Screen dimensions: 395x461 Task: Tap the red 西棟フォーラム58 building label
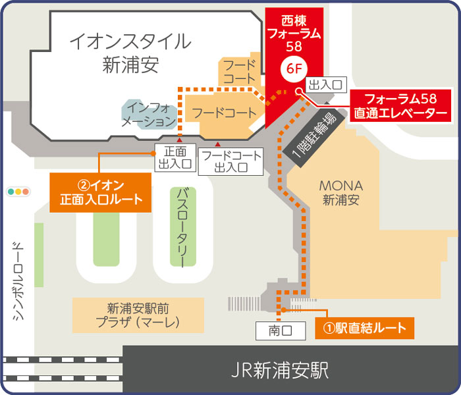pos(293,32)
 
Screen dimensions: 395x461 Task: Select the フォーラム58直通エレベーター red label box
pos(400,106)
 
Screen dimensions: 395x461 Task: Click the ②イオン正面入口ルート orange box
pos(101,192)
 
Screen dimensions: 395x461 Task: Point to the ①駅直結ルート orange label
pos(364,327)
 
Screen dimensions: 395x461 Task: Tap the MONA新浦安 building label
pos(340,193)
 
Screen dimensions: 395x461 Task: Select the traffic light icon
pos(20,192)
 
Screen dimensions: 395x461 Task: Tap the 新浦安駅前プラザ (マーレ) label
pos(138,315)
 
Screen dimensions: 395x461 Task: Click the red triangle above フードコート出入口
pos(218,144)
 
